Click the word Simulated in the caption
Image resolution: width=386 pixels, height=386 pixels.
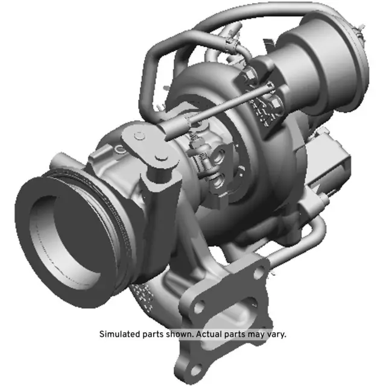click(119, 334)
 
